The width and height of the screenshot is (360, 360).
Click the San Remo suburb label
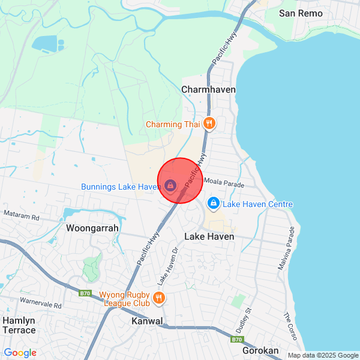coord(301,13)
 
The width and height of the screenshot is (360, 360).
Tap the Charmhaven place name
coord(208,89)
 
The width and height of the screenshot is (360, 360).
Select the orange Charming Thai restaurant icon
coord(209,124)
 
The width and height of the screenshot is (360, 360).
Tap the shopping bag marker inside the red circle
coord(170,186)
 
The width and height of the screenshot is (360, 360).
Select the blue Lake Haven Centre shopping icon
coord(213,204)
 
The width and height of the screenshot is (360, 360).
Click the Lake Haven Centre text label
coord(258,205)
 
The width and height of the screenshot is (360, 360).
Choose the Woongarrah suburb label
coord(92,229)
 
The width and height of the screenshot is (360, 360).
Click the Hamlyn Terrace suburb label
coord(19,325)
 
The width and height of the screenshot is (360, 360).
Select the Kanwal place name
coord(147,322)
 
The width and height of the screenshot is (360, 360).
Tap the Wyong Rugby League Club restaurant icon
coord(158,298)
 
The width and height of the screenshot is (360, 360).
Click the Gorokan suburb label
coord(262,350)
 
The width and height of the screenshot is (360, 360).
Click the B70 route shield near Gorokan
coord(237,340)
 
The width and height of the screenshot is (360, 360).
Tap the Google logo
coord(20,353)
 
